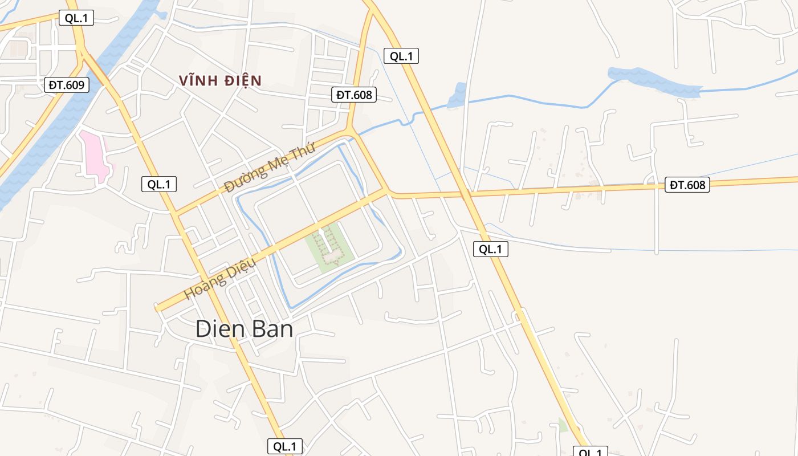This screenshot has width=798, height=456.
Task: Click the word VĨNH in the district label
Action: coord(195,80)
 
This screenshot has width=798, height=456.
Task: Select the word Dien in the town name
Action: coord(218,329)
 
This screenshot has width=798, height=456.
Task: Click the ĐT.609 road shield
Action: coord(67,85)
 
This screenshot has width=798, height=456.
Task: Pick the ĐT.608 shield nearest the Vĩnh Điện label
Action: coord(354,95)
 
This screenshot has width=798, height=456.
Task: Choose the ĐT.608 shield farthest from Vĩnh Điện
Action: coord(687,185)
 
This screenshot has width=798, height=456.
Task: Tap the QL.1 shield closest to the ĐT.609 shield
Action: coord(76,18)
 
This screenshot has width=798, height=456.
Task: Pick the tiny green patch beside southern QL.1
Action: coord(563,425)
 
